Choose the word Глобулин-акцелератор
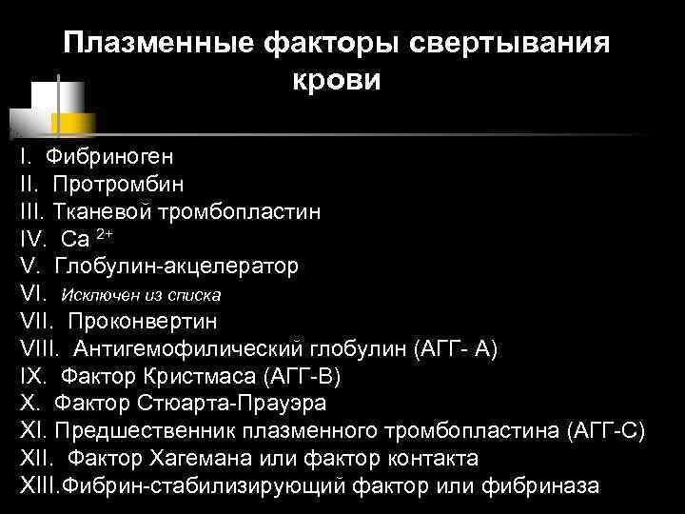(176, 265)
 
